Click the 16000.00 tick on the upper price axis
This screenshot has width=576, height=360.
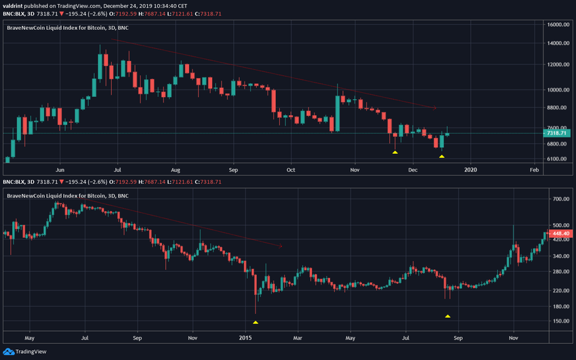click(559, 24)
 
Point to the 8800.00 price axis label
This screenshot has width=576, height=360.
click(558, 108)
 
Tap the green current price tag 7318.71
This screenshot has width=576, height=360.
click(559, 134)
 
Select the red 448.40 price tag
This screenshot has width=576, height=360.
click(560, 233)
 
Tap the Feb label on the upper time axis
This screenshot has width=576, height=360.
click(534, 171)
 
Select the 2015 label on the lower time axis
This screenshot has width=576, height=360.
click(246, 336)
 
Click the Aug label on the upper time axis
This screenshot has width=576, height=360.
click(176, 171)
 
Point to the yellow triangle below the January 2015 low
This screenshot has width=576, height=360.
click(255, 322)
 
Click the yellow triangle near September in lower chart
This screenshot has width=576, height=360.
click(447, 316)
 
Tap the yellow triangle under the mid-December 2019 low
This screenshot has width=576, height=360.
click(442, 157)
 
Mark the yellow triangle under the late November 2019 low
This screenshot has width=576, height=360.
click(394, 152)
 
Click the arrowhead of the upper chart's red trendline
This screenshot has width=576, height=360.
click(436, 108)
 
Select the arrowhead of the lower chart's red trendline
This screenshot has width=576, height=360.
click(279, 246)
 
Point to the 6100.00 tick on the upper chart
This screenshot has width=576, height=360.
click(558, 159)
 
